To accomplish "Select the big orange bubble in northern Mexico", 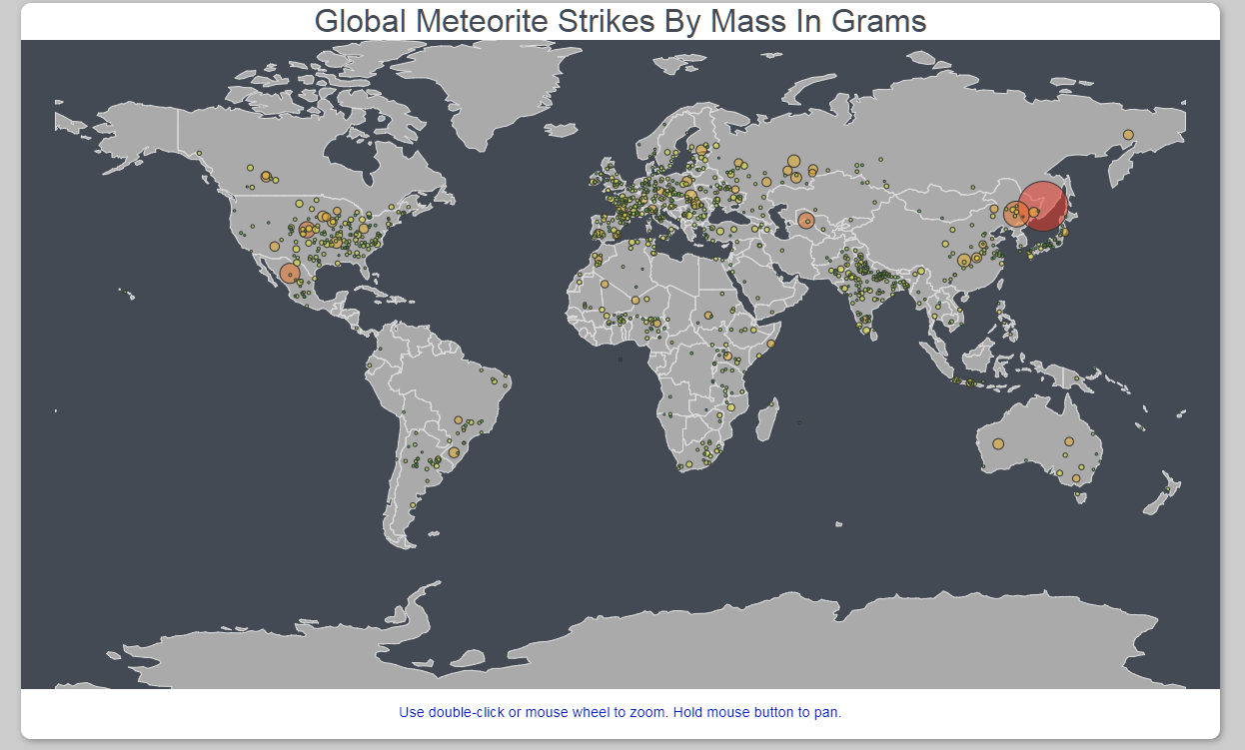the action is pos(290,273).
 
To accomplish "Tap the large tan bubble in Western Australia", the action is pos(997,444).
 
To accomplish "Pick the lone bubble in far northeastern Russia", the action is pos(1128,135).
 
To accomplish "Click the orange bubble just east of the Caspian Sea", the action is pos(806,221).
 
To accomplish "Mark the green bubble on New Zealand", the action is pos(1169,489).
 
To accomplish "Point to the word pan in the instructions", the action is pos(828,712).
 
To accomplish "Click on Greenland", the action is pos(480,95).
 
